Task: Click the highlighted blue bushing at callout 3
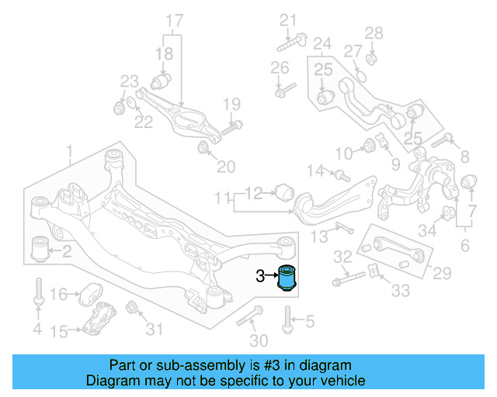click(x=290, y=277)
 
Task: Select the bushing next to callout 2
click(x=39, y=249)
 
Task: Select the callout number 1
click(x=70, y=149)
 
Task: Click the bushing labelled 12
click(x=283, y=190)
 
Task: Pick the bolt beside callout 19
click(x=231, y=127)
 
